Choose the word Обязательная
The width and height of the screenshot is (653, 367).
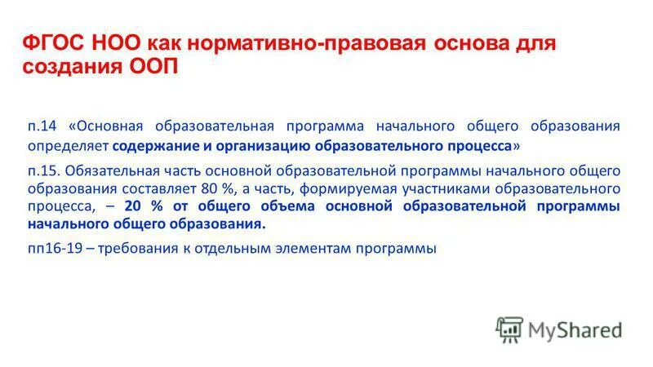pyautogui.click(x=104, y=170)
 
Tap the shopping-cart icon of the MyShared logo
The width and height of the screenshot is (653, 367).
pyautogui.click(x=509, y=329)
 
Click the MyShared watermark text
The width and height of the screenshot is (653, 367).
pyautogui.click(x=575, y=329)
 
